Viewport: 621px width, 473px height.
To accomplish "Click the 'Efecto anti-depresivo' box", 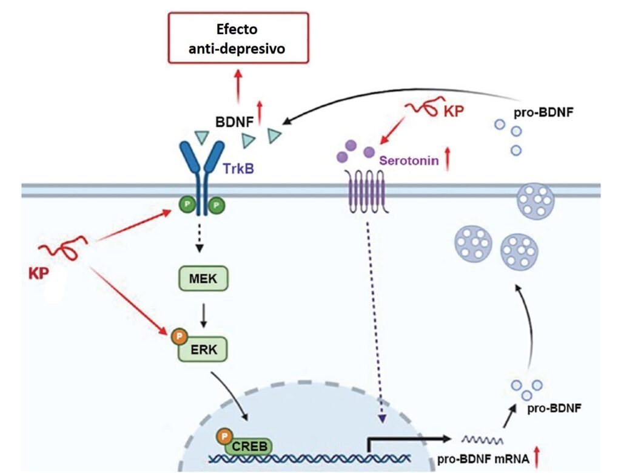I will [x=238, y=38].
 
